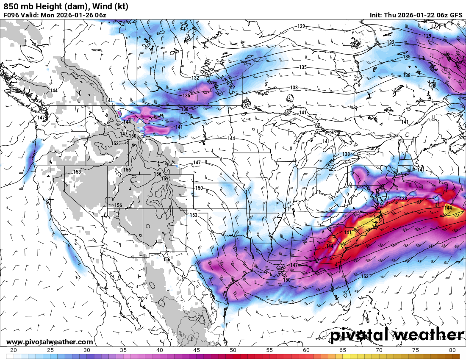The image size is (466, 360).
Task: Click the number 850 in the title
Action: point(10,6)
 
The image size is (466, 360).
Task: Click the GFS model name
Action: point(456,15)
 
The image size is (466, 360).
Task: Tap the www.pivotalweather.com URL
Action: point(50,342)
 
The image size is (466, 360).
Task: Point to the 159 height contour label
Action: point(165,179)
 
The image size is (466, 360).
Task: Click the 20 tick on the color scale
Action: point(14,350)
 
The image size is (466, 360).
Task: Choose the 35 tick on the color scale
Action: point(123,350)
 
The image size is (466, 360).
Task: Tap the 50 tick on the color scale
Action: point(233,350)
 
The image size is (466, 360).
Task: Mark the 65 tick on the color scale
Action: point(343,350)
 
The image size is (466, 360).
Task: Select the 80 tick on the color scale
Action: point(452,350)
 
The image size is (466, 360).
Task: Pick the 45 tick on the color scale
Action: point(197,350)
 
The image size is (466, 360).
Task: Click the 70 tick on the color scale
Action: point(379,350)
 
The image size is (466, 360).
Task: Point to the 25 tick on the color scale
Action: point(50,350)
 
